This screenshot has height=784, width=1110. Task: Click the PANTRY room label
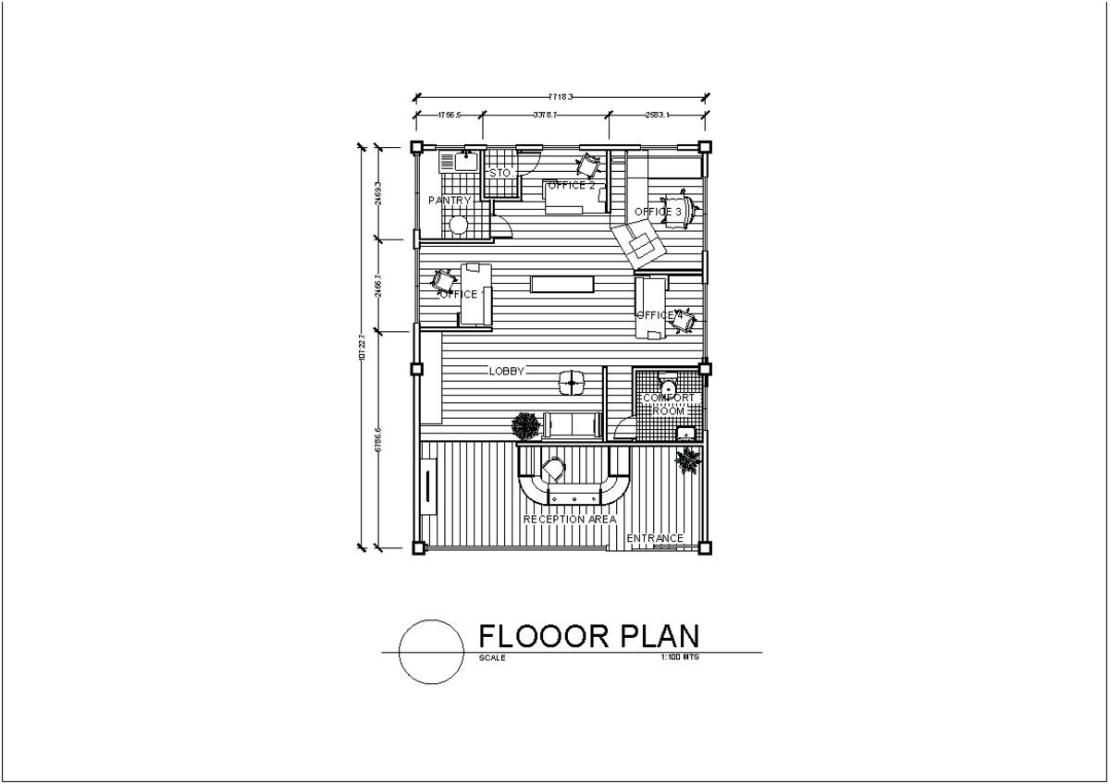[x=450, y=201]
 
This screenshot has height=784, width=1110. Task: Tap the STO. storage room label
[x=500, y=174]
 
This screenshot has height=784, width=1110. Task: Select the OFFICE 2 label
[x=571, y=185]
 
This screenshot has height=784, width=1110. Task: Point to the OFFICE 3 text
[x=658, y=213]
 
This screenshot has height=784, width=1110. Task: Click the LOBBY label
[x=507, y=372]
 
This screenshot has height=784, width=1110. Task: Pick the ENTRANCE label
[x=655, y=539]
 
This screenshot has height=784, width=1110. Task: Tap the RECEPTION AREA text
[x=570, y=520]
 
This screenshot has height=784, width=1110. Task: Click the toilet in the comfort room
[x=667, y=384]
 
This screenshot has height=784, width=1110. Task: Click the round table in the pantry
[x=458, y=224]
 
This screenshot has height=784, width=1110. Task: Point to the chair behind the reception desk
[x=554, y=469]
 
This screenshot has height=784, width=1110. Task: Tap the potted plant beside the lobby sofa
[x=526, y=426]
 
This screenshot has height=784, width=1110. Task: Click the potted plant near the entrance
[x=688, y=459]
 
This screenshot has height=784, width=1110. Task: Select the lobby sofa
[x=572, y=424]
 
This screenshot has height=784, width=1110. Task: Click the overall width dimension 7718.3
[x=561, y=95]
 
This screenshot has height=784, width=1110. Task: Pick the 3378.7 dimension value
[x=545, y=115]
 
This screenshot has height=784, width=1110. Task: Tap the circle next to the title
[x=431, y=651]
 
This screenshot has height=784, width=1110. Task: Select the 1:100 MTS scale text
[x=680, y=658]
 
